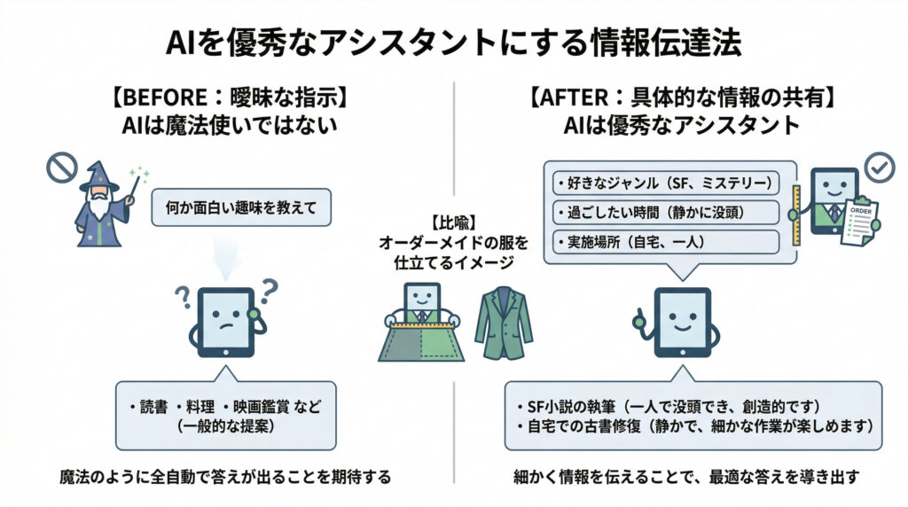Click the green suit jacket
coord(503,324)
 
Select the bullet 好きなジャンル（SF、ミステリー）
coord(664,183)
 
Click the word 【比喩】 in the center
coord(453,222)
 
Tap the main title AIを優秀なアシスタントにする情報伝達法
coord(453,42)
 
